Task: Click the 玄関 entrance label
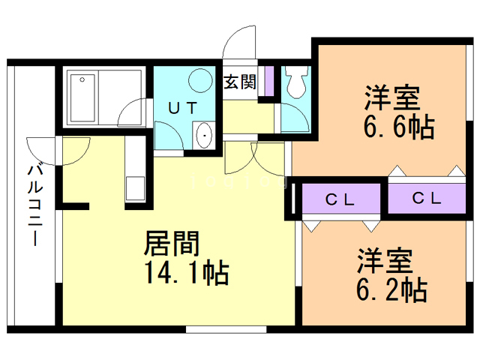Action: (240, 82)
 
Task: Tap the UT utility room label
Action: (183, 107)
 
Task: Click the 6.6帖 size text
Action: (399, 127)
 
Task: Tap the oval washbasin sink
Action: (203, 136)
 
